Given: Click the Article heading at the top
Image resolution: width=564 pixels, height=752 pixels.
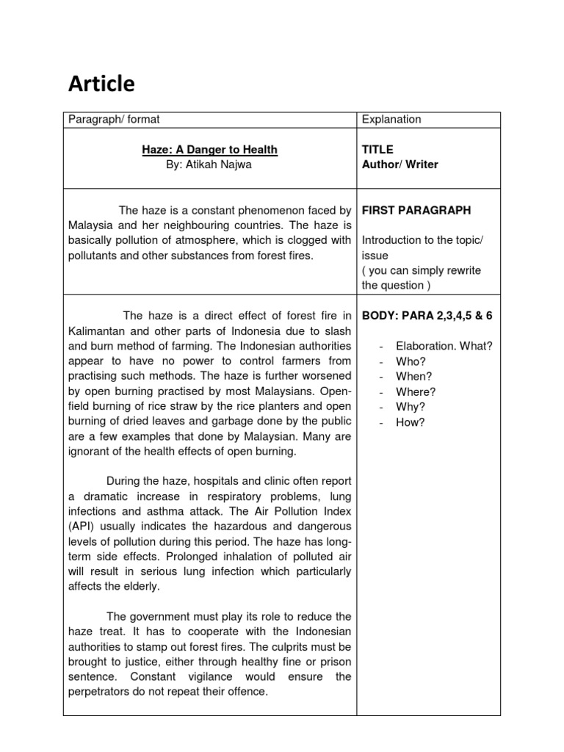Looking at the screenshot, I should (101, 84).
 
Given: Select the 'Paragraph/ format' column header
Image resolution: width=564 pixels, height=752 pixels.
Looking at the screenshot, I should (114, 119).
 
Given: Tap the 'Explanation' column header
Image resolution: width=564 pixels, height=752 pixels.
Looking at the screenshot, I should (391, 119).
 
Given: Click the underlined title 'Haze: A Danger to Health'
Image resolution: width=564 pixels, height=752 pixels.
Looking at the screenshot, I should (209, 150).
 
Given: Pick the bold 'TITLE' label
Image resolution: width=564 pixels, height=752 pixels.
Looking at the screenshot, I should (377, 150).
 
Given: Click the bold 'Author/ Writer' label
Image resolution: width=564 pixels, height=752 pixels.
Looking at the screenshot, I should (399, 164).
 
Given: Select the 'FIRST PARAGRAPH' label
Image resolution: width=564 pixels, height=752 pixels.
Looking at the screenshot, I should (416, 210).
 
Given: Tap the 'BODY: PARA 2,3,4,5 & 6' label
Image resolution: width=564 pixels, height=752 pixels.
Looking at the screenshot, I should (427, 316).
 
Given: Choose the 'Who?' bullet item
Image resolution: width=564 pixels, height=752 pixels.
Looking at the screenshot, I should (411, 361).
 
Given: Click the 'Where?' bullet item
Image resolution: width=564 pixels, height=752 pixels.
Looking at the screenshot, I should (416, 391).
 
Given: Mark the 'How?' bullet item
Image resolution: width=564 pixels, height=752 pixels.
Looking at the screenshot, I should (410, 422).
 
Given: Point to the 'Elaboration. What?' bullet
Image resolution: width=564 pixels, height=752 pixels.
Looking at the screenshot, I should (444, 346).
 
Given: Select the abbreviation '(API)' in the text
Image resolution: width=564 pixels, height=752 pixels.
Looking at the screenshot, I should (81, 527).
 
